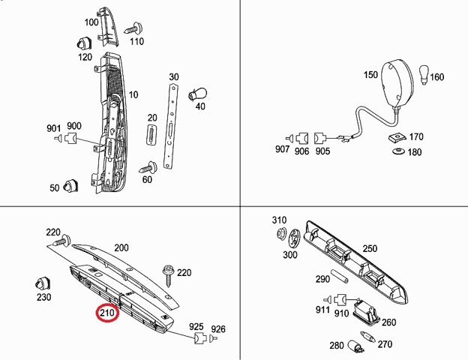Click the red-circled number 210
pyautogui.click(x=106, y=313)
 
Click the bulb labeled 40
pyautogui.click(x=198, y=93)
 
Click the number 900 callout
pyautogui.click(x=74, y=126)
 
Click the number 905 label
pyautogui.click(x=322, y=151)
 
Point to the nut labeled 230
pyautogui.click(x=42, y=285)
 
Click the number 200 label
pyautogui.click(x=121, y=247)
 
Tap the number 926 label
pyautogui.click(x=217, y=328)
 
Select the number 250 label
pyautogui.click(x=370, y=249)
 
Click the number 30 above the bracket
pyautogui.click(x=174, y=77)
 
